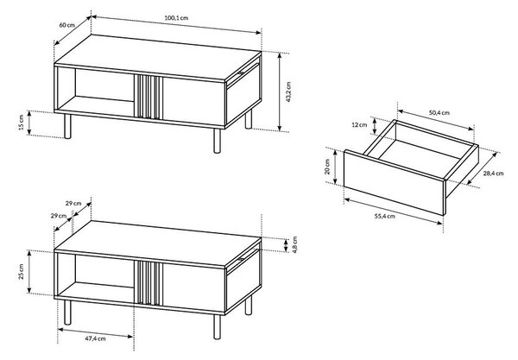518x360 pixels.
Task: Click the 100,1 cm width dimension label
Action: (x=176, y=18)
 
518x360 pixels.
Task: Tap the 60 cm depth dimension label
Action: (x=67, y=25)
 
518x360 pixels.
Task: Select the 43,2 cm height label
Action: (x=288, y=92)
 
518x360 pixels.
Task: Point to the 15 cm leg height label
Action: (x=21, y=123)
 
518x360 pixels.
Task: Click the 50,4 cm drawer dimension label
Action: (x=439, y=112)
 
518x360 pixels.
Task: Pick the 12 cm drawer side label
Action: (x=359, y=125)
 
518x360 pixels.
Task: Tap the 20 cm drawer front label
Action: (x=327, y=167)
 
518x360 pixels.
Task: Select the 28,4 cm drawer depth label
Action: (x=494, y=173)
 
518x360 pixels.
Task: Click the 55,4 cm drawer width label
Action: (x=384, y=217)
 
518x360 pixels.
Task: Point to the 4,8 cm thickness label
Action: (x=295, y=244)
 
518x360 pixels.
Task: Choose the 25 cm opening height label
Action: (x=21, y=272)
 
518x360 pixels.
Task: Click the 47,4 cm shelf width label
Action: (x=95, y=338)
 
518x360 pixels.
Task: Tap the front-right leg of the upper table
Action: (x=217, y=141)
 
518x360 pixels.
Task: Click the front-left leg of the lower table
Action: (x=67, y=313)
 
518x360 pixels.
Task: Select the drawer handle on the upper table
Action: (x=241, y=73)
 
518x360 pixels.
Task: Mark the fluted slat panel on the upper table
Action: (x=148, y=97)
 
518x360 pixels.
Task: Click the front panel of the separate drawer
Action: (x=395, y=183)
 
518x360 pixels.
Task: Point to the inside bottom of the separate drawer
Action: (x=420, y=158)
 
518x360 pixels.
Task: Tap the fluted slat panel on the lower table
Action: (x=148, y=282)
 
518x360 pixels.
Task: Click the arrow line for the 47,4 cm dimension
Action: (x=95, y=332)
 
